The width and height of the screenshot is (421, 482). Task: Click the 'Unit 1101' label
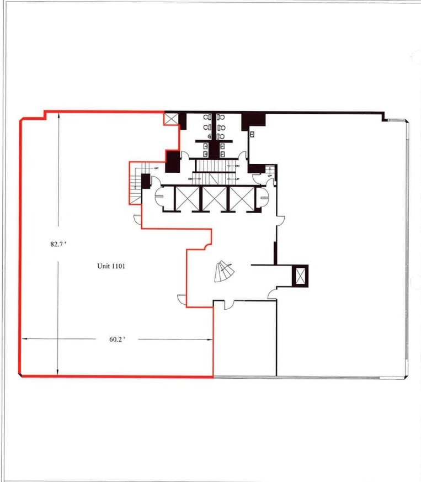[111, 266]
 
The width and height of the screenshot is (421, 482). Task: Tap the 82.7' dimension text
[58, 243]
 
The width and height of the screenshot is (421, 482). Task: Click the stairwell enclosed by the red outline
[136, 182]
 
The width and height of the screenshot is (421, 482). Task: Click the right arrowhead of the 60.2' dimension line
[211, 340]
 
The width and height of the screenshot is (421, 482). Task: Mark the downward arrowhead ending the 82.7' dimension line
[58, 373]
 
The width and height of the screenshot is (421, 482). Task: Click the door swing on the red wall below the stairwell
[137, 220]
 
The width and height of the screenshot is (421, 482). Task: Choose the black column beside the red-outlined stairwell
[146, 181]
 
